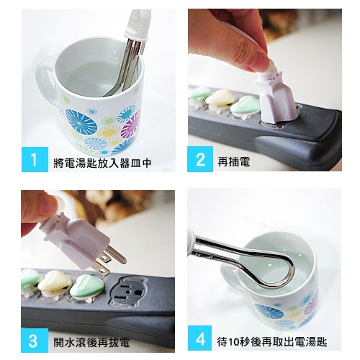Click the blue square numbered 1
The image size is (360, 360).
35,159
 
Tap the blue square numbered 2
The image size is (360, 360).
200,159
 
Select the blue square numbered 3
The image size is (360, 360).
35,341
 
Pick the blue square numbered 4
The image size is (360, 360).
200,338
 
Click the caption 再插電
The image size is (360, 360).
234,162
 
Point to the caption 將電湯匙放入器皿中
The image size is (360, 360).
102,163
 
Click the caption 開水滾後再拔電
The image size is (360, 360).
91,342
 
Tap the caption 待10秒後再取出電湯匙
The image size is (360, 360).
272,342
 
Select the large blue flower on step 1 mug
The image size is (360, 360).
81,122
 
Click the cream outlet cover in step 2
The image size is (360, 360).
220,99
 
